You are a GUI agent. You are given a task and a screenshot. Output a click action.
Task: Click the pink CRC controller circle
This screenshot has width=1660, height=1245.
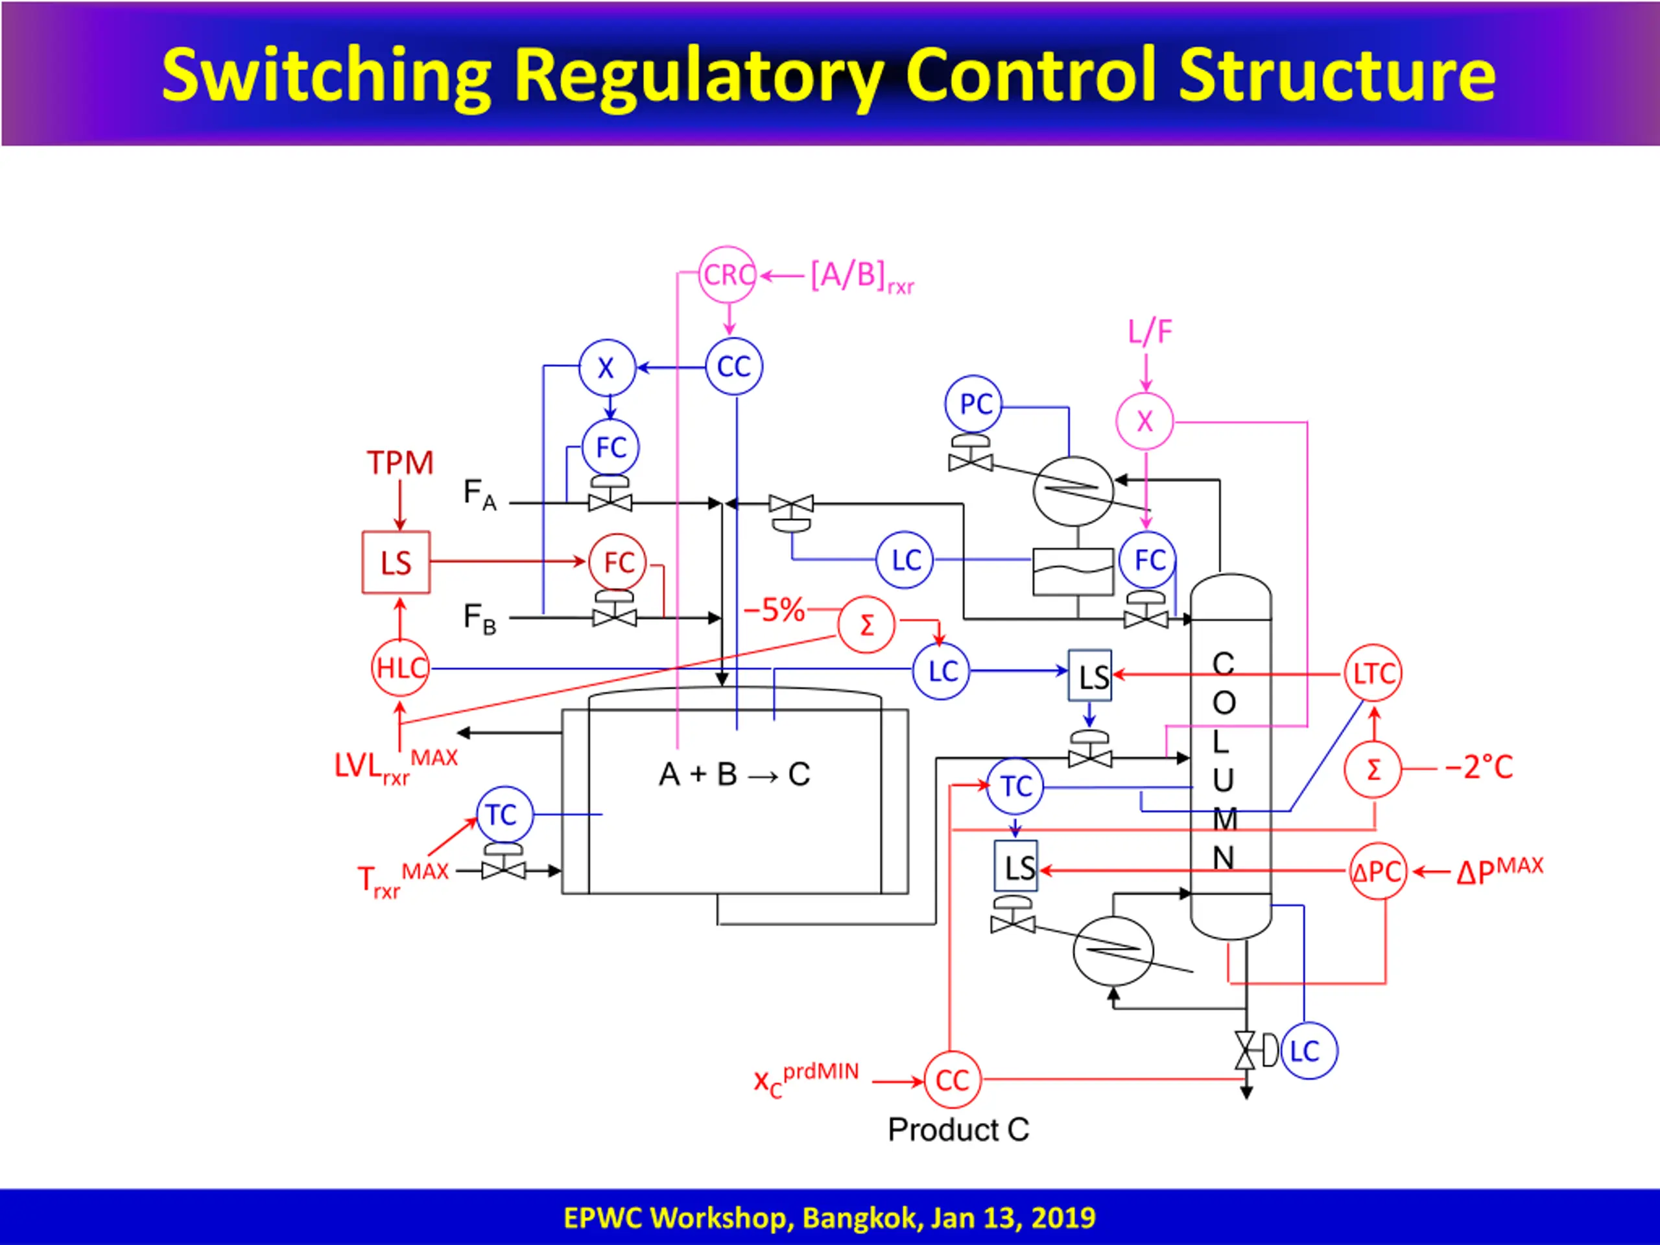tap(726, 275)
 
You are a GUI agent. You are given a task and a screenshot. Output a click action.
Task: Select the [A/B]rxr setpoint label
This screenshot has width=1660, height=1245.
tap(862, 278)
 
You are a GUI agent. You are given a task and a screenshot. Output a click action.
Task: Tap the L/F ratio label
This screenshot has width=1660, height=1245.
tap(1150, 332)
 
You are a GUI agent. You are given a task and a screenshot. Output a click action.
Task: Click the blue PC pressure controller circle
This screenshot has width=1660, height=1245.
tap(973, 404)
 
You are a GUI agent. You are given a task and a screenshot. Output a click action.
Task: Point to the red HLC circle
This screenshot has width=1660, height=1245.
tap(400, 667)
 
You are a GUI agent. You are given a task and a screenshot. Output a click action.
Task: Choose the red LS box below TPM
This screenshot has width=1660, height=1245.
tap(396, 562)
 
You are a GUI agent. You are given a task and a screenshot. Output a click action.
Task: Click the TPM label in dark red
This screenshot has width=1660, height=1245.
tap(400, 462)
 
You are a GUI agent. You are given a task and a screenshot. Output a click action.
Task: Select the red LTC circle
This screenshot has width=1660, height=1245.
tap(1373, 673)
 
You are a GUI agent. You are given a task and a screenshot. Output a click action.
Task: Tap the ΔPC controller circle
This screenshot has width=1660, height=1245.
tap(1378, 871)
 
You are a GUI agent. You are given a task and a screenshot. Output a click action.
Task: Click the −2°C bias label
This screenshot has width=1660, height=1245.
tap(1479, 767)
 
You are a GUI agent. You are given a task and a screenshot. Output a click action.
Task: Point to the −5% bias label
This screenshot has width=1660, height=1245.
tap(774, 610)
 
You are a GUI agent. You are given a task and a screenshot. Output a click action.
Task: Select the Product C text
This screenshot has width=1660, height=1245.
tap(958, 1130)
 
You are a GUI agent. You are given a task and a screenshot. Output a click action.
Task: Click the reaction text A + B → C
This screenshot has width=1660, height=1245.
tap(734, 774)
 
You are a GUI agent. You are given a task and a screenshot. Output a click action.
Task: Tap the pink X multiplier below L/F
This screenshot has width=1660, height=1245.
tap(1144, 421)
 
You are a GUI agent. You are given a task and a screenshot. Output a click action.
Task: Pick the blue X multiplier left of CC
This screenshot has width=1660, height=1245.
tap(607, 368)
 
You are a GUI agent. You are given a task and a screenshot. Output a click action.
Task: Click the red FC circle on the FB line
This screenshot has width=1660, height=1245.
tap(617, 562)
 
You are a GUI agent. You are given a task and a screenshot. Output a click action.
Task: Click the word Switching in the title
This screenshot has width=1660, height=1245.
tap(326, 76)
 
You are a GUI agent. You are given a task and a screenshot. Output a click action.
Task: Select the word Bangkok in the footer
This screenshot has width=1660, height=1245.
tap(862, 1217)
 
